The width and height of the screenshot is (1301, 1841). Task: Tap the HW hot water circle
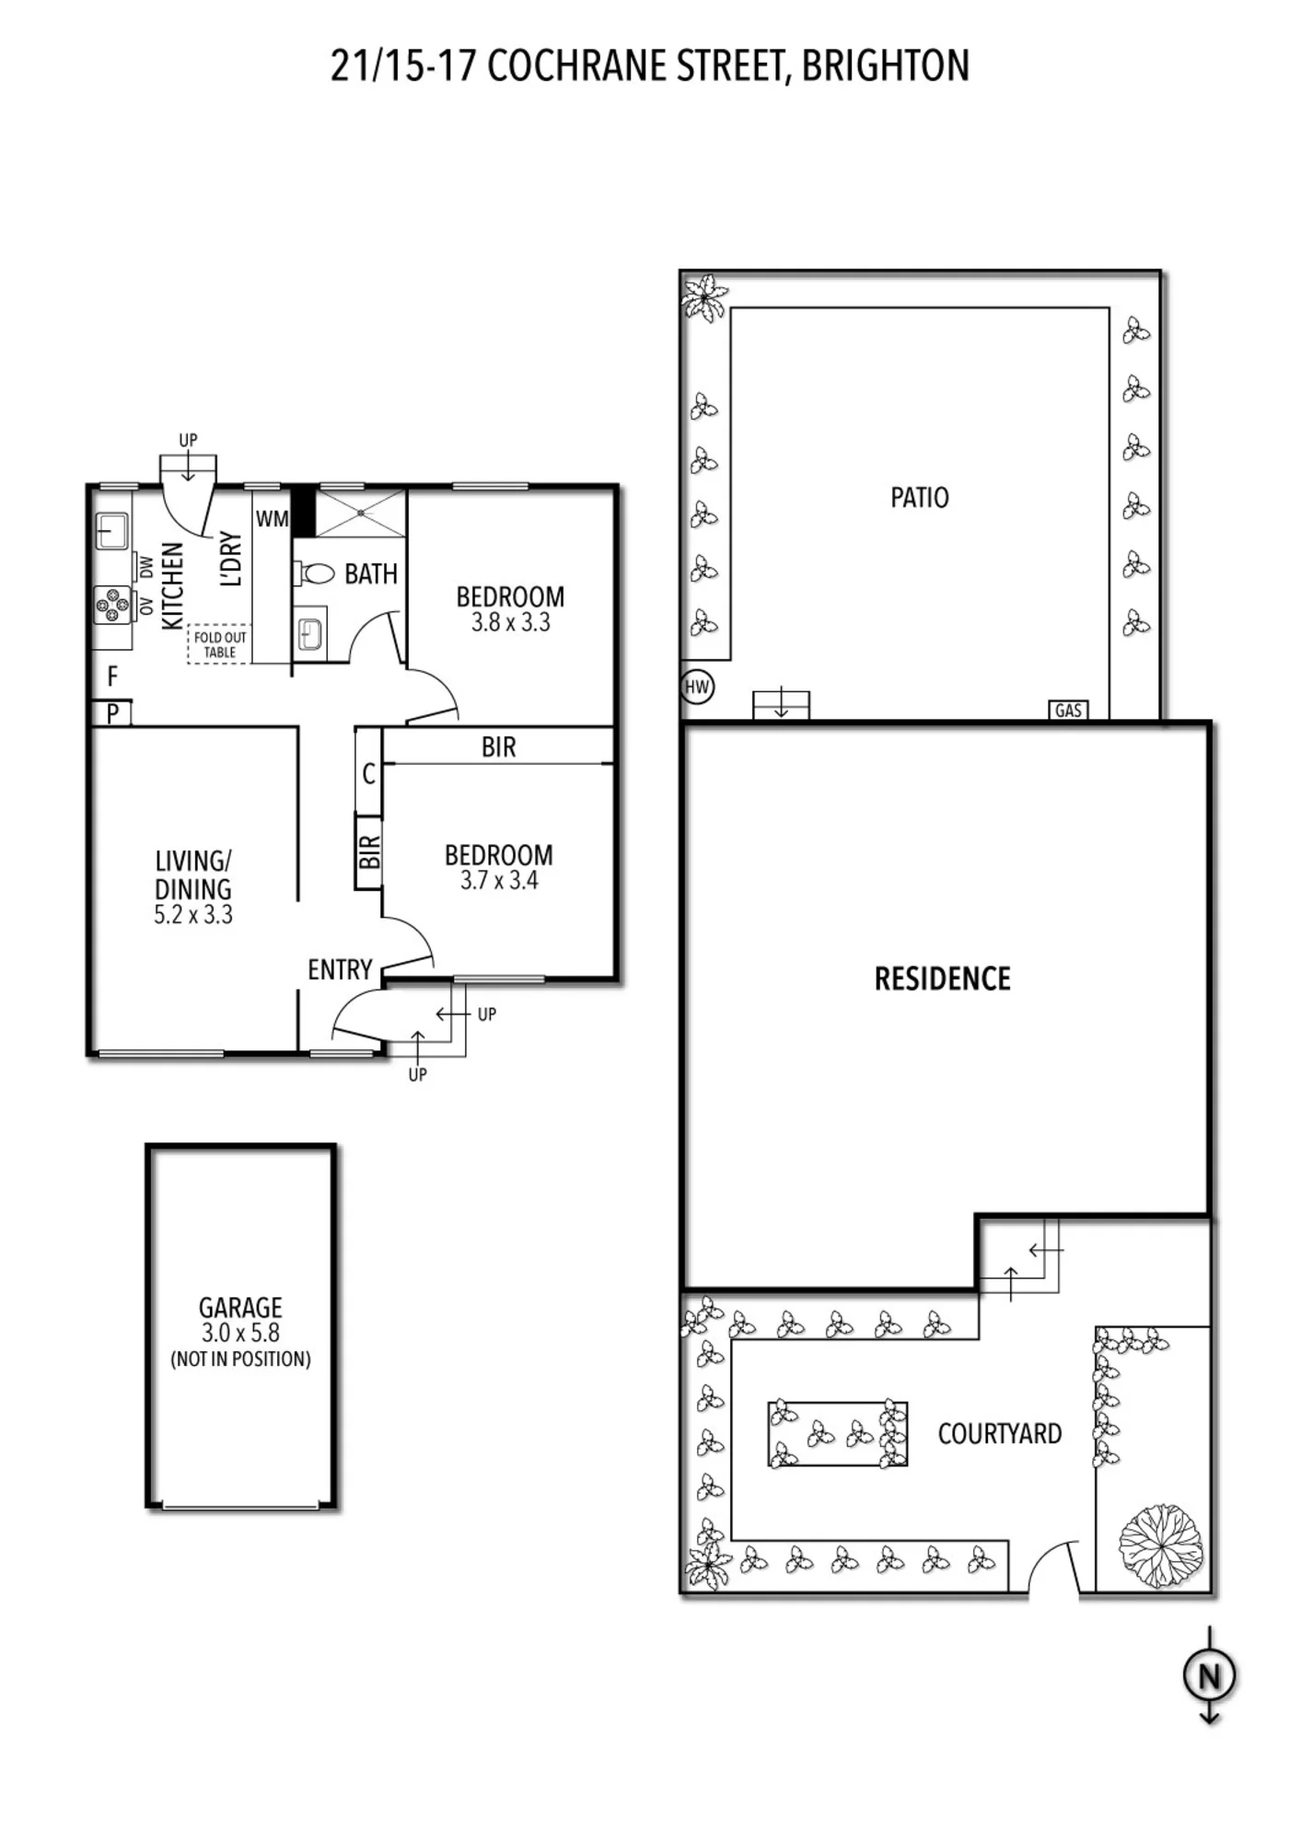697,686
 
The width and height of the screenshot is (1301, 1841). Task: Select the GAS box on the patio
1068,710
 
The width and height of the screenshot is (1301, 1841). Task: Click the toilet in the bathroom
315,573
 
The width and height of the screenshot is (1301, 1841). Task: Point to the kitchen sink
112,531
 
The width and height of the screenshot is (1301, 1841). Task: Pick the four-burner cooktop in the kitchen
112,605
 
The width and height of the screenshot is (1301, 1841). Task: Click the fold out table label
220,644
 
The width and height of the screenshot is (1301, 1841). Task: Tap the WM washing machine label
272,519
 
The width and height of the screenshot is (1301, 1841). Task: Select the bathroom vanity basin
310,633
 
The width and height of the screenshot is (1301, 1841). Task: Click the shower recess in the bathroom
360,513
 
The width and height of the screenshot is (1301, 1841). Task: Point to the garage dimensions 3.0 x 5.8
240,1332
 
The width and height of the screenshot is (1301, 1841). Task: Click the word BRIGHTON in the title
886,65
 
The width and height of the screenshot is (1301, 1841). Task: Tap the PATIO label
919,497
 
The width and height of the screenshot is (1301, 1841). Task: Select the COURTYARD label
1000,1433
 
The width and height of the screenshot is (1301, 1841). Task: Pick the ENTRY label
340,969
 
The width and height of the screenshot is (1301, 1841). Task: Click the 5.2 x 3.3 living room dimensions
193,914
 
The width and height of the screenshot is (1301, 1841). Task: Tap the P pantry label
112,713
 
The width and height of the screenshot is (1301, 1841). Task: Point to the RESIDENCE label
942,978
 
